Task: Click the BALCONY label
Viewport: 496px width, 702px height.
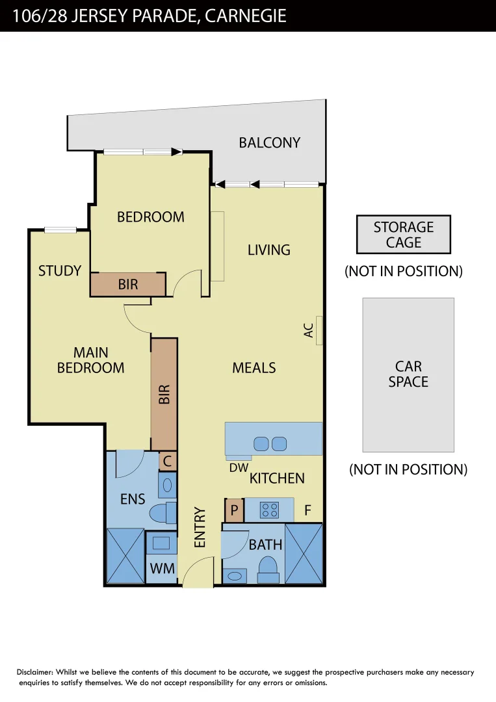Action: [270, 142]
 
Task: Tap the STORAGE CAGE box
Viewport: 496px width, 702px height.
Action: [403, 235]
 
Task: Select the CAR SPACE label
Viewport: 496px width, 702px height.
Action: [408, 374]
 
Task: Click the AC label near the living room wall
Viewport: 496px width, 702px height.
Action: [308, 330]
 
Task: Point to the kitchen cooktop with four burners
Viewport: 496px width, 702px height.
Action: [270, 510]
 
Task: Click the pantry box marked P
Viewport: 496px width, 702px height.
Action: [234, 510]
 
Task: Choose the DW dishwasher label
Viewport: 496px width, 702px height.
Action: [239, 468]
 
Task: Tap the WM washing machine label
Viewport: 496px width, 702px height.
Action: [162, 569]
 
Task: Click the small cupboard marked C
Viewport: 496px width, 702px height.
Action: [168, 461]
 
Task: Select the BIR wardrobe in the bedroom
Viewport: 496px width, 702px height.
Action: [128, 284]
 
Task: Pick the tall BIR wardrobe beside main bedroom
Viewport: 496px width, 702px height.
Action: [164, 394]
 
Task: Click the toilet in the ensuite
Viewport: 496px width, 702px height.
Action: [163, 513]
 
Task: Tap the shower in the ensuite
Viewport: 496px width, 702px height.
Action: [125, 556]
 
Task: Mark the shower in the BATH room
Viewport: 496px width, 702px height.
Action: [304, 553]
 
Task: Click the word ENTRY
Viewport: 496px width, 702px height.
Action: [200, 527]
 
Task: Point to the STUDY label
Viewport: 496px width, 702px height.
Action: [60, 271]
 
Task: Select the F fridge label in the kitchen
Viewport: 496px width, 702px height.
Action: [307, 510]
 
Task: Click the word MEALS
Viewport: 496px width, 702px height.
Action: [254, 367]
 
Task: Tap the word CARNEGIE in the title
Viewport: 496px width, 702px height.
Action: [245, 16]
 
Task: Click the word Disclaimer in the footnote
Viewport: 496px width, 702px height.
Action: [35, 672]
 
